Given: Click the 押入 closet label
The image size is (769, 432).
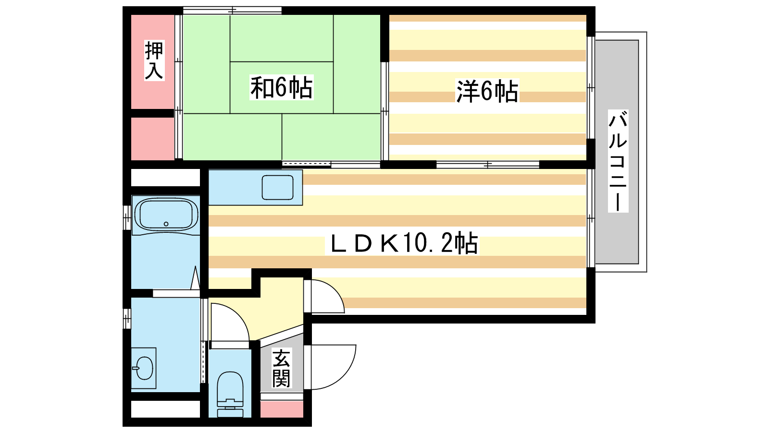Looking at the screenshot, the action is pos(154,60).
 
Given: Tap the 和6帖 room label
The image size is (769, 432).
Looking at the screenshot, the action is pos(281,87).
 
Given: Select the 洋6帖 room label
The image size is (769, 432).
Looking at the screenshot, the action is pos(487,91).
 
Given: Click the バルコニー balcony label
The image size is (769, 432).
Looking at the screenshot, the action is pos(618,161).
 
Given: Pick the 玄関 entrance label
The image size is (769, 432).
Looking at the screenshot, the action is pos(282,368).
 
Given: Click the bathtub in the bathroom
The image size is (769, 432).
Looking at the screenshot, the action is pos(166,215).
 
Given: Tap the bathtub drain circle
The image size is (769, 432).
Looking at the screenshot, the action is pos(166,224).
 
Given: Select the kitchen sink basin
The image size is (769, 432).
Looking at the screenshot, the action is pos(277,188).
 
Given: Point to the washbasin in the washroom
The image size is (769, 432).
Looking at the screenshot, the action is pos(144,368).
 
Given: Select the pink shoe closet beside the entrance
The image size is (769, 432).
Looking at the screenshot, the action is pos(282,409).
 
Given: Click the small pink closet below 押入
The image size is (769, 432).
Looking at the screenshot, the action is pos(152,139).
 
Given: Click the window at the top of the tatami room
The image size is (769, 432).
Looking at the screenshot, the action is pos(232,10).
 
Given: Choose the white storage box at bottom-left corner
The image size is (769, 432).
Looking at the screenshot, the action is pos(165,409).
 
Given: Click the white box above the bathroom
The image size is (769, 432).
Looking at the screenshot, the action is pos(165,178).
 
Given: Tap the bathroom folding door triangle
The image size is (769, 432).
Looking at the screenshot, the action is pos(195,278).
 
